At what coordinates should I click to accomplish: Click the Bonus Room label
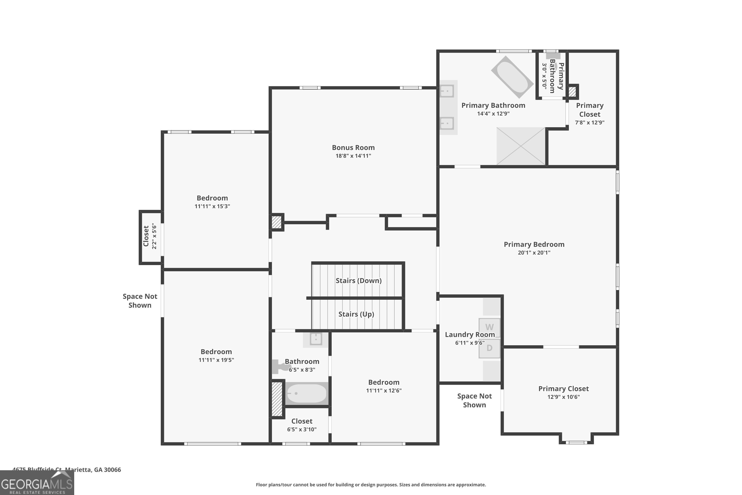pyautogui.click(x=353, y=148)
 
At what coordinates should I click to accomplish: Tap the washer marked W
pyautogui.click(x=489, y=327)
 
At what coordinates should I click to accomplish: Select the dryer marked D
pyautogui.click(x=489, y=348)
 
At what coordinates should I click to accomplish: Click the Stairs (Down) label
pyautogui.click(x=358, y=281)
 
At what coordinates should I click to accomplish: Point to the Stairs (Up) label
pyautogui.click(x=356, y=314)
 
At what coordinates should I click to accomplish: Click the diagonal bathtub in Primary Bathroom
pyautogui.click(x=512, y=77)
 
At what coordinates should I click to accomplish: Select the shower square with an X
pyautogui.click(x=521, y=146)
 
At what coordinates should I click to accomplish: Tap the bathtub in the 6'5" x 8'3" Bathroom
pyautogui.click(x=307, y=393)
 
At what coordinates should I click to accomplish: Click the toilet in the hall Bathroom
pyautogui.click(x=279, y=367)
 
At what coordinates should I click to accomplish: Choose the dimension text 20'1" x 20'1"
pyautogui.click(x=534, y=252)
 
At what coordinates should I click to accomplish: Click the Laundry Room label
pyautogui.click(x=470, y=335)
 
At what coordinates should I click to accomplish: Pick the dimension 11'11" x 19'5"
pyautogui.click(x=216, y=360)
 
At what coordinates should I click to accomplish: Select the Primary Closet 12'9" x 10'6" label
pyautogui.click(x=563, y=389)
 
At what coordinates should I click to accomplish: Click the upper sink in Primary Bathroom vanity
pyautogui.click(x=447, y=91)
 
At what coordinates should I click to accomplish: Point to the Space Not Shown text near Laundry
pyautogui.click(x=474, y=400)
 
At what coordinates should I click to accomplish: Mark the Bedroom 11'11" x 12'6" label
pyautogui.click(x=384, y=382)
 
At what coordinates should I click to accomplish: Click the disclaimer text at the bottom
pyautogui.click(x=371, y=485)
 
